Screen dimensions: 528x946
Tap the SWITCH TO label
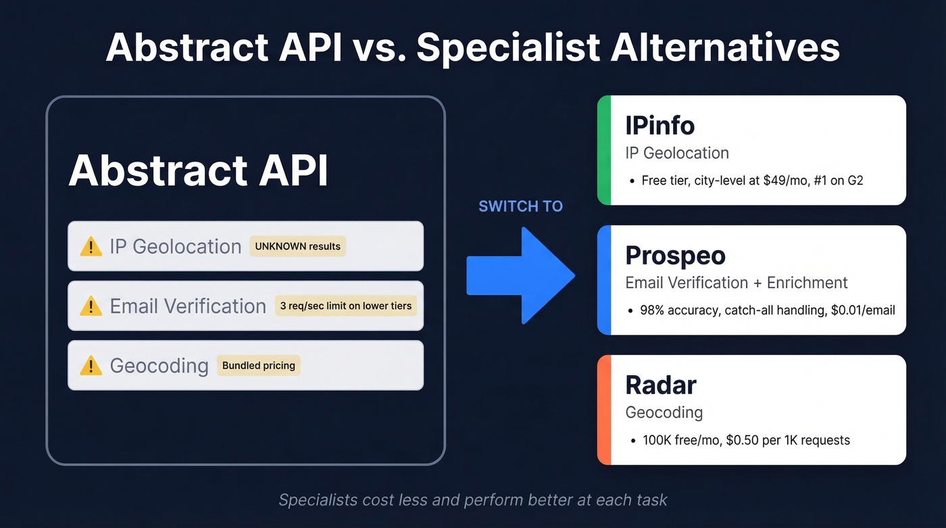click(520, 206)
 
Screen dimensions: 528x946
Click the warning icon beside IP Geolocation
click(91, 247)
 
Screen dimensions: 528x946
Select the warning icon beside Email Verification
click(91, 306)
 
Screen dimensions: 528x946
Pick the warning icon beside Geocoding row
click(91, 366)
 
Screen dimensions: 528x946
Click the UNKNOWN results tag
click(297, 246)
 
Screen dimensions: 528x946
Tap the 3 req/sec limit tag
click(345, 306)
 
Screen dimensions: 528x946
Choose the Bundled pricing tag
click(259, 366)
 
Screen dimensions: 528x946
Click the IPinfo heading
click(659, 126)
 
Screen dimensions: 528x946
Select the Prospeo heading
click(675, 256)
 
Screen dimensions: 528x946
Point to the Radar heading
click(660, 385)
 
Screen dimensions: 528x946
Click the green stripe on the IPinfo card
click(604, 150)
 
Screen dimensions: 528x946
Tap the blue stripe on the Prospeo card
click(604, 280)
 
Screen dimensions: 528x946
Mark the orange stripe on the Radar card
click(604, 410)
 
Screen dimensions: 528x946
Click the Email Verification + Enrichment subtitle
click(736, 283)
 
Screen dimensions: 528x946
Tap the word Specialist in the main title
click(507, 47)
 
